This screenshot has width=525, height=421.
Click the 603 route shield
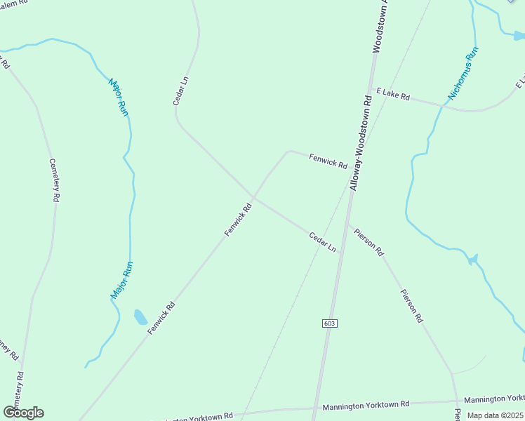click(330, 323)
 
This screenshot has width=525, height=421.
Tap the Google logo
click(23, 412)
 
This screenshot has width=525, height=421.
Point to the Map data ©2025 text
click(496, 415)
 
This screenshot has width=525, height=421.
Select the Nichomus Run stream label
click(463, 73)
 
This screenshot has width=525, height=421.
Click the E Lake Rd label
click(392, 94)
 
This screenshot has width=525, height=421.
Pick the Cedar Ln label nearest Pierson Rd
click(323, 243)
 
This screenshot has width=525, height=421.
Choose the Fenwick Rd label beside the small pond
click(161, 318)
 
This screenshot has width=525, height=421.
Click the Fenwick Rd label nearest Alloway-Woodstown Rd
click(328, 161)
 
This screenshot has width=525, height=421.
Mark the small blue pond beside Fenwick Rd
click(140, 316)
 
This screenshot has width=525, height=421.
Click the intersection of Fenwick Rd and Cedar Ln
click(253, 197)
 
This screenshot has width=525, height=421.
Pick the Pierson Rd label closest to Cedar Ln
click(368, 241)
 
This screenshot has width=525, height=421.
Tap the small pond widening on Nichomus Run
click(472, 260)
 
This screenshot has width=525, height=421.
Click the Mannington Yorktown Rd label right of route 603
click(366, 406)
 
